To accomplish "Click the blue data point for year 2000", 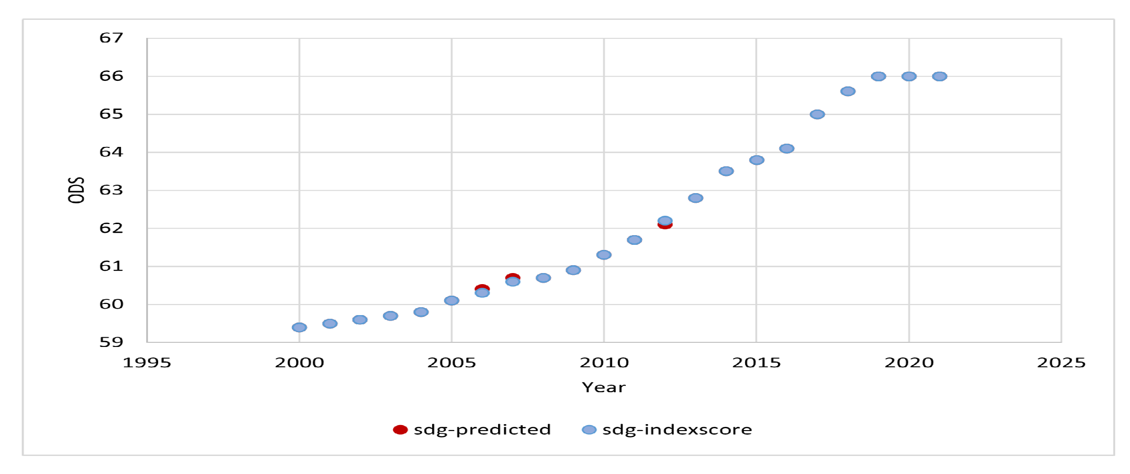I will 299,328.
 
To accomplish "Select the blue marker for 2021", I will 939,76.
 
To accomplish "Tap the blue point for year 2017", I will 817,114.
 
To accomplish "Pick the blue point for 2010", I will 604,255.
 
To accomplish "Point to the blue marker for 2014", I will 726,171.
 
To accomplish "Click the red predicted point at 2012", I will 665,226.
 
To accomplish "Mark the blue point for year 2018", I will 848,91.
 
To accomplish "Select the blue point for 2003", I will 390,316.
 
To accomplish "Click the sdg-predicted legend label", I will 482,430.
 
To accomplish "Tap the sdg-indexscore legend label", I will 677,430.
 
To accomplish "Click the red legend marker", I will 400,430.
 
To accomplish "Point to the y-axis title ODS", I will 76,190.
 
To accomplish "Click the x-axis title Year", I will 604,387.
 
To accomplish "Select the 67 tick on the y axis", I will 111,38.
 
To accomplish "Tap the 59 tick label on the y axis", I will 111,342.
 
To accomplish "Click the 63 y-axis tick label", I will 111,190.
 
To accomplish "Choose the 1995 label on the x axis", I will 147,363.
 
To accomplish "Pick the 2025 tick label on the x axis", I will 1061,363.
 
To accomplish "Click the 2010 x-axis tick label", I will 604,363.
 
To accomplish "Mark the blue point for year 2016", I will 787,148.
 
